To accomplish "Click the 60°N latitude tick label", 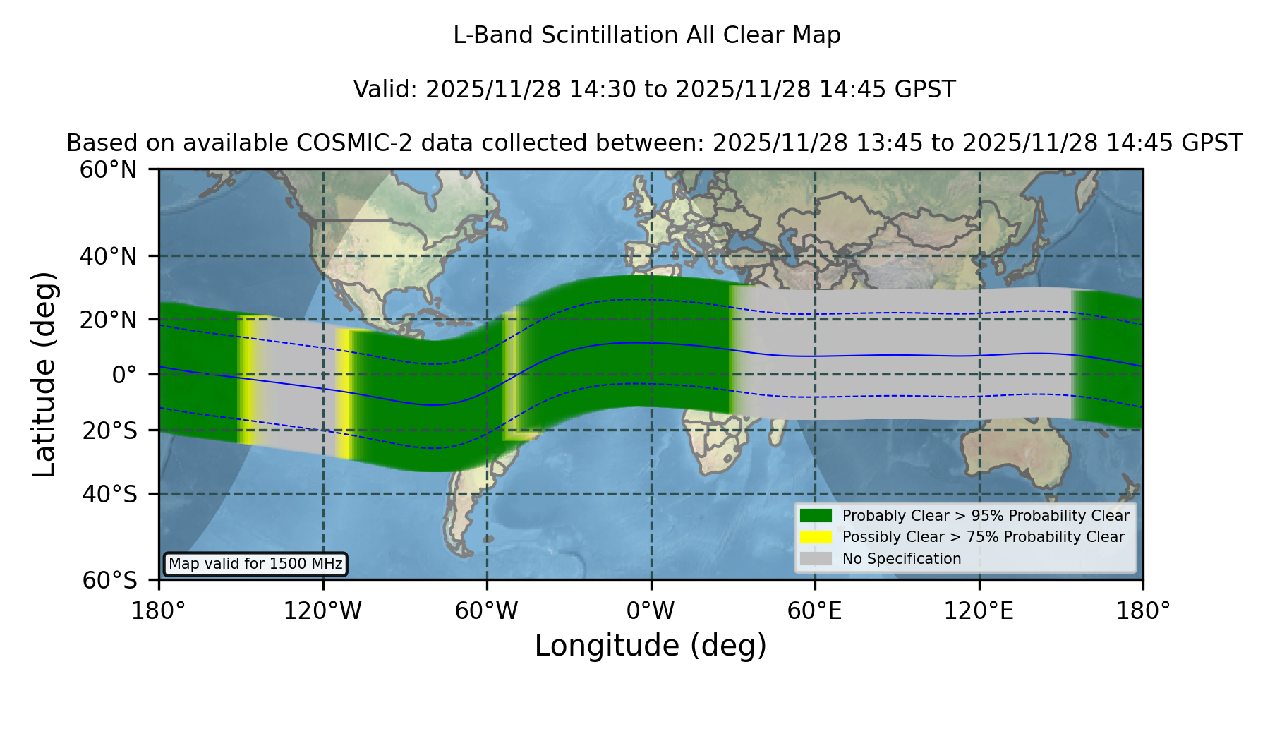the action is tap(109, 170).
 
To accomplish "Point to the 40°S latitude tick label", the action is tap(109, 494).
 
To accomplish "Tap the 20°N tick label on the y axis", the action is tap(109, 320).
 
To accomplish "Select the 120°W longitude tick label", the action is tap(322, 611).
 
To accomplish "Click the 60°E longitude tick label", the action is tap(815, 611).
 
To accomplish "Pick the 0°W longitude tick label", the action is tap(651, 611).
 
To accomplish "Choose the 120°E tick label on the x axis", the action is tap(979, 611).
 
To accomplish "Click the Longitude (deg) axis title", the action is tap(651, 646).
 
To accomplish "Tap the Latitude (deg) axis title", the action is tap(44, 374).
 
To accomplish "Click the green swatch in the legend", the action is tap(816, 516).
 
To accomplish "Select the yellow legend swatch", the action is tap(816, 537).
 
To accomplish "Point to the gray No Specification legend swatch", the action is tap(816, 559).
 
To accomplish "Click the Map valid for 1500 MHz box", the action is tap(255, 564).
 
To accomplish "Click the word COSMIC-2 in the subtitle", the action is tap(344, 143).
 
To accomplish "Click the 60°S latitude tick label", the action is tap(109, 580).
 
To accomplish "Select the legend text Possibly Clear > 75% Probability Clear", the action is tap(983, 537).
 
